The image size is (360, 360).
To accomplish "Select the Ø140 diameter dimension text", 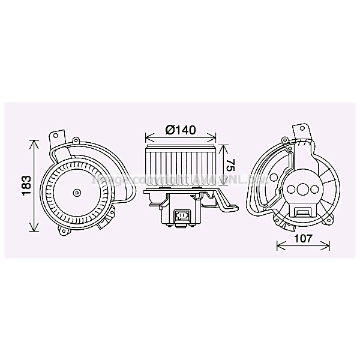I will click(179, 130).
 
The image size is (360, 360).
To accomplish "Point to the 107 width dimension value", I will click(304, 238).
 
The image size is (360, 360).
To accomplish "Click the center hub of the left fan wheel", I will click(76, 193).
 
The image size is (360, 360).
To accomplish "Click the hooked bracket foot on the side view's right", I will click(232, 207).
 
